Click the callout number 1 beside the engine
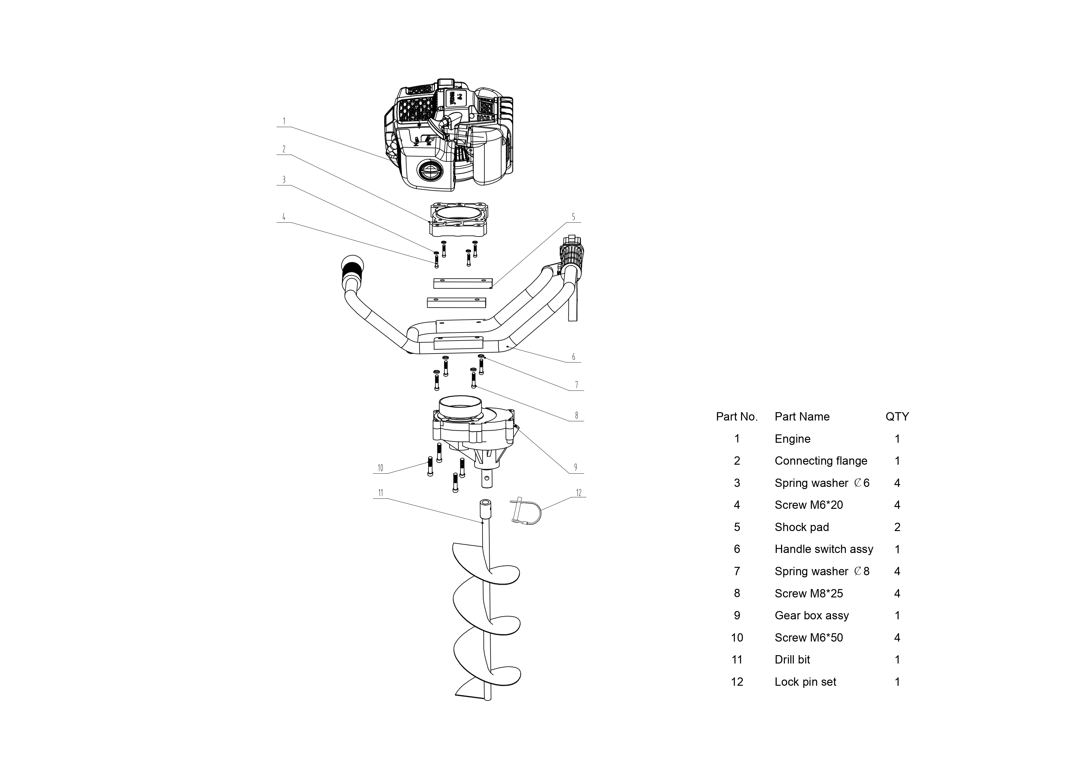click(284, 122)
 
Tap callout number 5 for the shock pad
click(574, 217)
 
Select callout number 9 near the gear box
click(576, 467)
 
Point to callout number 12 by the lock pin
click(579, 493)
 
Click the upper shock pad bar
click(463, 283)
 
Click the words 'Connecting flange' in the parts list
click(820, 461)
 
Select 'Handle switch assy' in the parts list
click(823, 549)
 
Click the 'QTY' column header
click(897, 417)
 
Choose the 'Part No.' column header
click(736, 417)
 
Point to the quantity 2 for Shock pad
click(897, 527)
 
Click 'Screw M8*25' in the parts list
click(808, 594)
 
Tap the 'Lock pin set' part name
click(805, 682)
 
